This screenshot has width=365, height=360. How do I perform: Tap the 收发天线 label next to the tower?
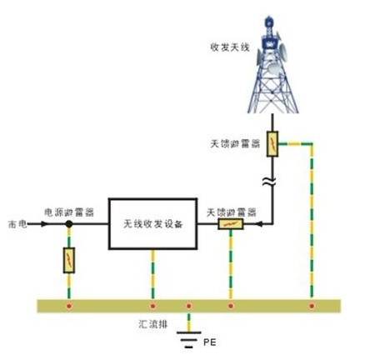230,47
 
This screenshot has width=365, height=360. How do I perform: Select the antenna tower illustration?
272,64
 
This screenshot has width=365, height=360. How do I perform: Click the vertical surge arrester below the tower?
272,144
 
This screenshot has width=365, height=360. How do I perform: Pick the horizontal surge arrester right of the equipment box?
231,224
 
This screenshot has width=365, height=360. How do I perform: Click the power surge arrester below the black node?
69,260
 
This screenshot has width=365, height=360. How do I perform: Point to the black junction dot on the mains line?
69,224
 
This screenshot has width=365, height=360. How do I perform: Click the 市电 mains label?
17,224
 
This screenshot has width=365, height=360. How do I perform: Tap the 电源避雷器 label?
69,212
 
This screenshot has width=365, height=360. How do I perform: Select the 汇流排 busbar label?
153,324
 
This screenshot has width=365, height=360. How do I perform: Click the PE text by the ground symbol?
210,342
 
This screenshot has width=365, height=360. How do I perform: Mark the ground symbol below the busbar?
189,339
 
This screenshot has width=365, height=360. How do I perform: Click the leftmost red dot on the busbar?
69,306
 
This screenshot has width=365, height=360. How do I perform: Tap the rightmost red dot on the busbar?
312,306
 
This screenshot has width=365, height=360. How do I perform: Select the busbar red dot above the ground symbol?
189,306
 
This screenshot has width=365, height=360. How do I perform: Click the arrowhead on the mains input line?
44,224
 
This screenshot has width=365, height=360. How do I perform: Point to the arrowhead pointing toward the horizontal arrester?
259,224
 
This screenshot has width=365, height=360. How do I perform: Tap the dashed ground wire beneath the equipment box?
152,274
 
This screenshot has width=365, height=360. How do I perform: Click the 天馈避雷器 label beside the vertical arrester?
235,144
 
